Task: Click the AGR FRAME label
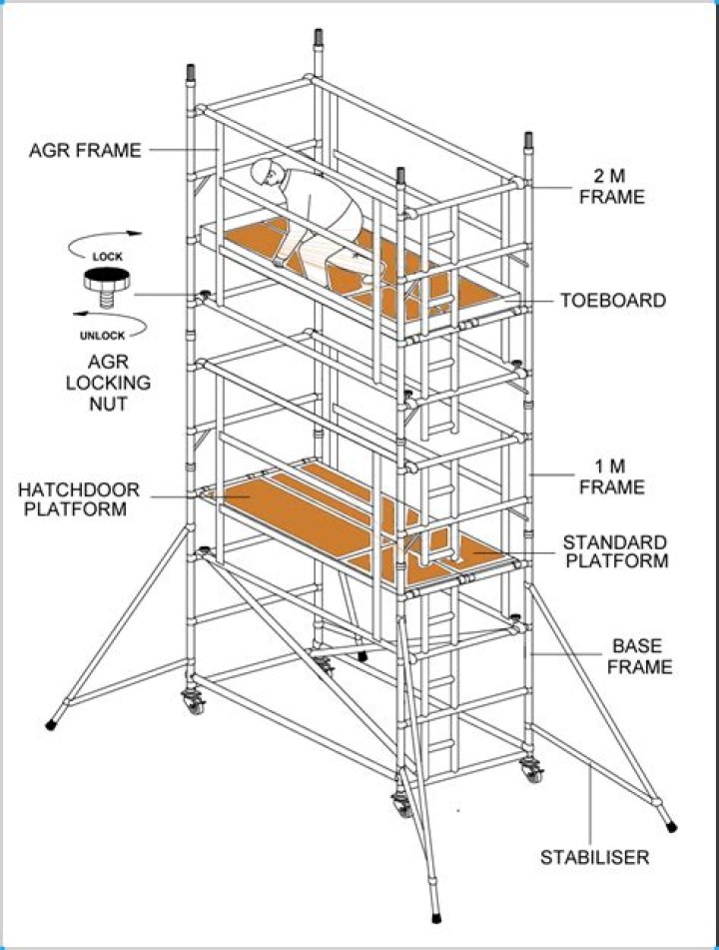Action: click(85, 151)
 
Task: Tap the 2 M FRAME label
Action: click(611, 186)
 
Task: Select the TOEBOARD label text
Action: click(613, 301)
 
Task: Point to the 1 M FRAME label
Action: click(612, 476)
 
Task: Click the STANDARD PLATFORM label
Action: click(614, 551)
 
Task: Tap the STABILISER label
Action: click(595, 856)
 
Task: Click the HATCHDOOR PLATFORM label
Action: click(79, 499)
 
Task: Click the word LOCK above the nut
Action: click(107, 257)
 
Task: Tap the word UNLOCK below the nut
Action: click(103, 336)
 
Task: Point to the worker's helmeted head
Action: click(266, 176)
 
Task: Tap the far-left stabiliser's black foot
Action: click(51, 722)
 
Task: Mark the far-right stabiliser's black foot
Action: click(670, 825)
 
